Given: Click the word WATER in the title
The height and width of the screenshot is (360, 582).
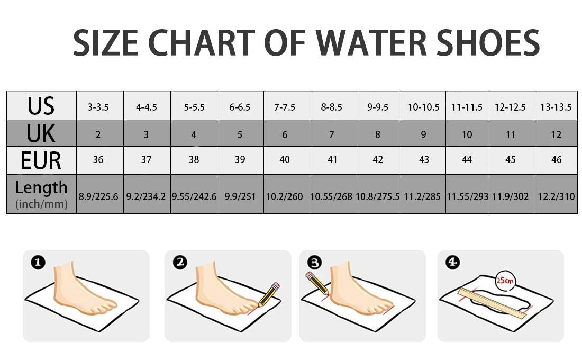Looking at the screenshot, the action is click(371, 43).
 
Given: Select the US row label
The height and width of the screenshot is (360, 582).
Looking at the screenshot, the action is click(41, 106).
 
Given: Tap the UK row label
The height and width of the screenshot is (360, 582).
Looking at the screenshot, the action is click(41, 133).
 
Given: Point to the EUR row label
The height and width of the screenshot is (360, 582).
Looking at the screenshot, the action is click(41, 160).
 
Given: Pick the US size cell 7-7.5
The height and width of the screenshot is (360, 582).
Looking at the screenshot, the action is click(285, 107).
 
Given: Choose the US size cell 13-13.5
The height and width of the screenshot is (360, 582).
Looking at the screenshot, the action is click(556, 107).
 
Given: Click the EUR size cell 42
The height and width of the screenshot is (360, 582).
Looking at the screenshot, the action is click(377, 160).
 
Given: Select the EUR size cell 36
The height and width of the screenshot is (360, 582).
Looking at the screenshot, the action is click(98, 160).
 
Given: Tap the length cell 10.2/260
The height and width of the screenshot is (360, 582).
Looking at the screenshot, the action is click(285, 196).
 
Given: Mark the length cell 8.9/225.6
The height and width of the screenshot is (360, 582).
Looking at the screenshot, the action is click(98, 196).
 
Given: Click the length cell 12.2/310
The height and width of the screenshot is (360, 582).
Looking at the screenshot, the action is click(556, 196).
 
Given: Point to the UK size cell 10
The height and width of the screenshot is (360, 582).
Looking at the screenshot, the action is click(467, 134).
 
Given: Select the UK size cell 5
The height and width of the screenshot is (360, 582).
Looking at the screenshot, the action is click(240, 134).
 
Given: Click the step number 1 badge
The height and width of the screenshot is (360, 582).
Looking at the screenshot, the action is click(38, 262).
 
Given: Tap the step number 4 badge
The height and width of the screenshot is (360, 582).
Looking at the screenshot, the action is click(452, 262).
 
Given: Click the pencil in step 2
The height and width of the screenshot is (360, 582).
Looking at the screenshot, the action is click(269, 294).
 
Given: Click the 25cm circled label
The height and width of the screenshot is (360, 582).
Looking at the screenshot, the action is click(505, 280).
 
